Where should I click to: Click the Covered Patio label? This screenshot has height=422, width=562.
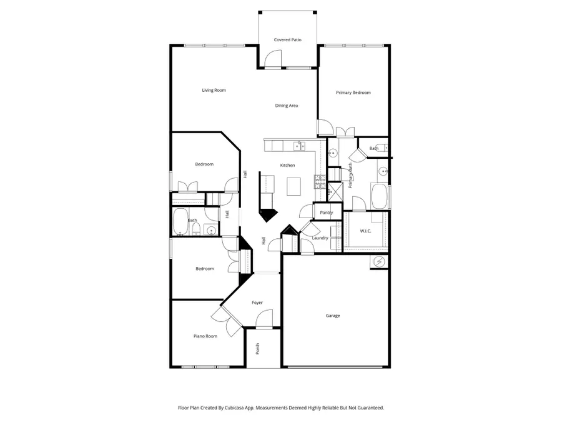[x=287, y=40]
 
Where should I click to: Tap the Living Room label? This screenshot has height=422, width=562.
[x=214, y=91]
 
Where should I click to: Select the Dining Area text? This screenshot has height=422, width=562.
[x=287, y=106]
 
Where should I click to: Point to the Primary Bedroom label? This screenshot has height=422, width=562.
[x=353, y=93]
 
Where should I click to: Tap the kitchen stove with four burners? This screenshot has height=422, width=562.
[x=320, y=182]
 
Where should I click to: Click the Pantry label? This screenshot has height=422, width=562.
[x=326, y=213]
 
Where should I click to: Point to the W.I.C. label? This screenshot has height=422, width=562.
[x=365, y=231]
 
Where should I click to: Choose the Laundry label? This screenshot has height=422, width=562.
[x=320, y=238]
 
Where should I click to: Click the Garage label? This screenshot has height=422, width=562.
[x=333, y=316]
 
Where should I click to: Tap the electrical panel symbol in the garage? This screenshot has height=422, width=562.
[x=379, y=262]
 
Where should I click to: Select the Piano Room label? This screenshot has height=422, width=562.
[x=205, y=336]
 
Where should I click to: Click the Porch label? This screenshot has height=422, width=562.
[x=257, y=349]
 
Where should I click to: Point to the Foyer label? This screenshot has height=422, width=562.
[x=257, y=303]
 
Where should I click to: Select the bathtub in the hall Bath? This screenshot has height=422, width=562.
[x=180, y=221]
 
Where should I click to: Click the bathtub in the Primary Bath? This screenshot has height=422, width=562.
[x=379, y=196]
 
